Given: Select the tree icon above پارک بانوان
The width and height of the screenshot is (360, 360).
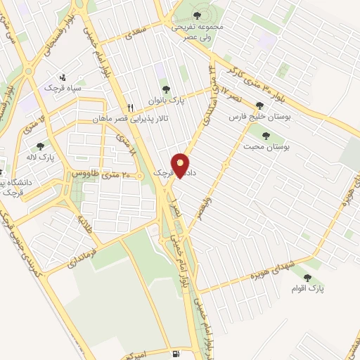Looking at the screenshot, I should tap(166, 89).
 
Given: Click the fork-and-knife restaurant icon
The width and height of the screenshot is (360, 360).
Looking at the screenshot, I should tap(131, 107).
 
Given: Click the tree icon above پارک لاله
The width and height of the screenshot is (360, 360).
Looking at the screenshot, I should tap(40, 146).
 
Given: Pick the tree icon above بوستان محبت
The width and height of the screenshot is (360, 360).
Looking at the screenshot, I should tap(266, 136).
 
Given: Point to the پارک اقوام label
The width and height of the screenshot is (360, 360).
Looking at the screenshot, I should tap(308, 288).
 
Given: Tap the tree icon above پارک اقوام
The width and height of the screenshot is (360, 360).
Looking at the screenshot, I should tap(307, 277).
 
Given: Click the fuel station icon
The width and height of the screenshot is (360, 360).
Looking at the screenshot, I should tap(174, 352).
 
